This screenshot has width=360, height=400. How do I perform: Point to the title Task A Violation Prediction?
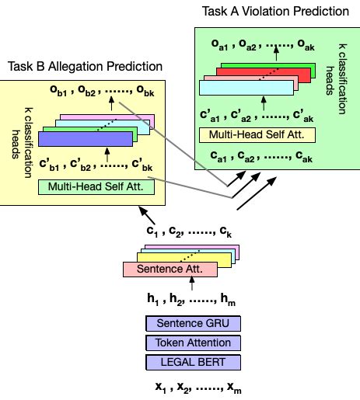[x=275, y=11]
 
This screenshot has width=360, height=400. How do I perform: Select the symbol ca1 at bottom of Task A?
[x=218, y=158]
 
